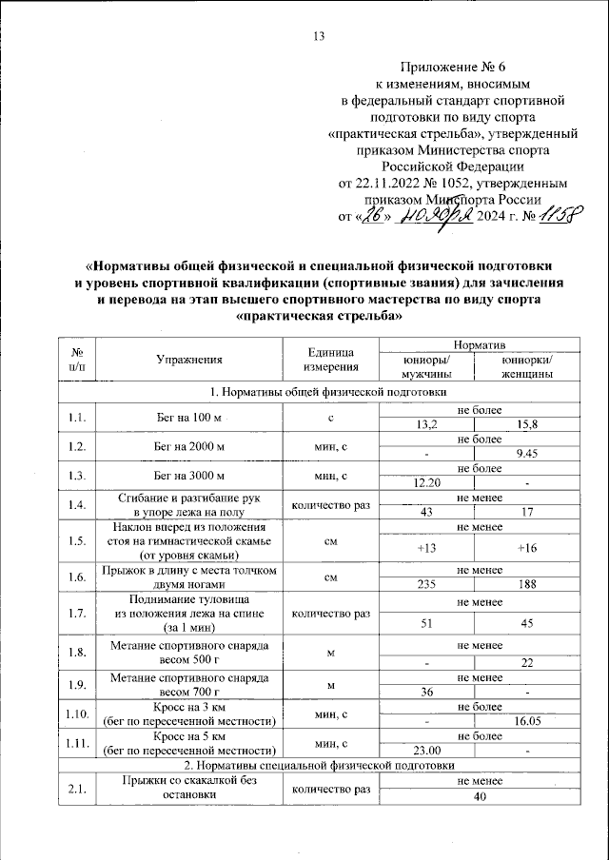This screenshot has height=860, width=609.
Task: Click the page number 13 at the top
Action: (x=319, y=37)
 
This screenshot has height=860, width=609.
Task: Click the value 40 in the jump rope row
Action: (x=477, y=796)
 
